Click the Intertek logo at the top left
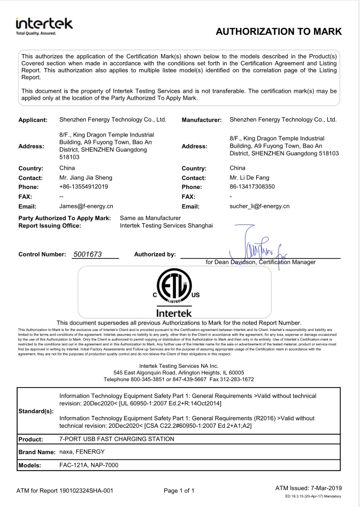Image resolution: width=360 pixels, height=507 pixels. [x=44, y=26]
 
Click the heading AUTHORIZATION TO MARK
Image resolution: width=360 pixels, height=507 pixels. [x=278, y=32]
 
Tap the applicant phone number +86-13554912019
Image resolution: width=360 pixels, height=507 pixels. [x=84, y=187]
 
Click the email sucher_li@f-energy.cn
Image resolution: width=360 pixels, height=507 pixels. [x=259, y=206]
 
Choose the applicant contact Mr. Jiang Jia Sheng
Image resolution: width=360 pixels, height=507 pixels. [x=86, y=177]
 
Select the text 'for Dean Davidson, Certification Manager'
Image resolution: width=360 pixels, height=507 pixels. [x=261, y=262]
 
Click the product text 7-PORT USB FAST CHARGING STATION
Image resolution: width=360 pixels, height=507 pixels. [x=117, y=439]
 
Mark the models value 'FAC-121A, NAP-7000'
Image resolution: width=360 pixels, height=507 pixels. [x=88, y=465]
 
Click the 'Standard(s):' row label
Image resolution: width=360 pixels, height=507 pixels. [x=36, y=411]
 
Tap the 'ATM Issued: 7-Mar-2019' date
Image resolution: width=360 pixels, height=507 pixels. [x=309, y=488]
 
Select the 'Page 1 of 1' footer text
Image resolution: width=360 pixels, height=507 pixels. [x=179, y=490]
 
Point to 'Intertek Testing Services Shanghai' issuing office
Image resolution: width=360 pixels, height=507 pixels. [x=166, y=225]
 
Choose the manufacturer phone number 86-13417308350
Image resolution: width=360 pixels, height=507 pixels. [x=252, y=187]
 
